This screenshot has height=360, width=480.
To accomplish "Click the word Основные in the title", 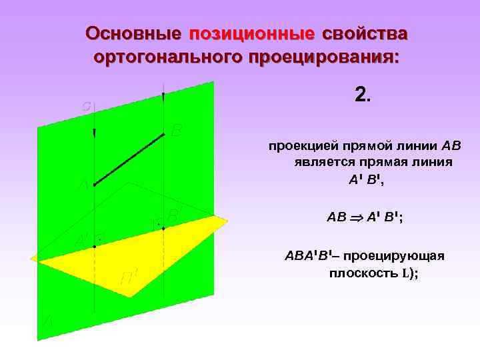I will coord(133,33).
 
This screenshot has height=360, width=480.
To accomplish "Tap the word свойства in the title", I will coord(365,33).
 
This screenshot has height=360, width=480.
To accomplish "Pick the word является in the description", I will coord(317,162).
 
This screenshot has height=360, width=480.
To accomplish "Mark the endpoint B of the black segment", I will coord(163,134).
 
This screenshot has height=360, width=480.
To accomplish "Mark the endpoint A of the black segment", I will coord(95,185).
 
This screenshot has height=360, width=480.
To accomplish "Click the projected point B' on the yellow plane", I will coord(163,228).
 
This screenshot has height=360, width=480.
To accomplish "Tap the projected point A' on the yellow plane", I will coord(95,247).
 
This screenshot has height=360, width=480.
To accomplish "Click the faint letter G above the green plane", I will coord(87,106).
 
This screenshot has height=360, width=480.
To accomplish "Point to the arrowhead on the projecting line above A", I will coord(95,133).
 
